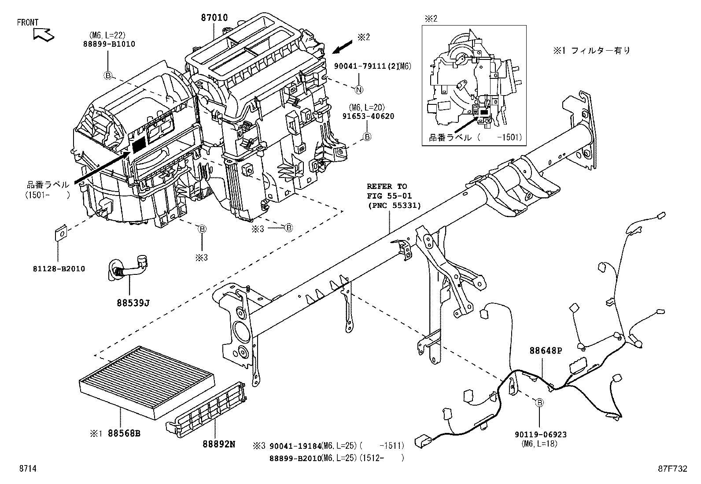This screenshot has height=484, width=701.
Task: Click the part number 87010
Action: (214, 18)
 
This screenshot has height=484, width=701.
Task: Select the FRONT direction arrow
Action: (43, 33)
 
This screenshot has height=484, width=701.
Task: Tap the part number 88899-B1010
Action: (108, 44)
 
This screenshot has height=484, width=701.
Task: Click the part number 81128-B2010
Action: (58, 269)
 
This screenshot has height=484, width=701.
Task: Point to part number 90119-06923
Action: (540, 435)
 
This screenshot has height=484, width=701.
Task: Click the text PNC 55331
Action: (395, 205)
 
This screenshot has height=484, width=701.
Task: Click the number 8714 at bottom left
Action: (27, 469)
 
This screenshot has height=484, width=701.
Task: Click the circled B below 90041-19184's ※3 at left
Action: (202, 229)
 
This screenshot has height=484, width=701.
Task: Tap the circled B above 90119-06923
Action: (539, 402)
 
